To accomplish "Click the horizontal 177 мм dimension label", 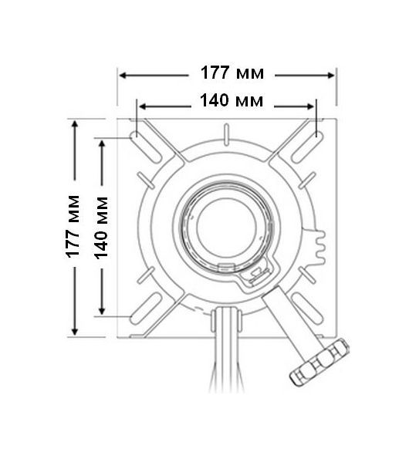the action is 232,73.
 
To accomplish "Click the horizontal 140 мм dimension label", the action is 232,100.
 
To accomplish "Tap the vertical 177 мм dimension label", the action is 73,227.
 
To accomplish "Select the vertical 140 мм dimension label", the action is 101,228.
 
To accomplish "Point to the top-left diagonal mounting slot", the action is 146,147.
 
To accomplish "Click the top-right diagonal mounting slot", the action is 308,147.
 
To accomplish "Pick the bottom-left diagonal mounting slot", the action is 146,309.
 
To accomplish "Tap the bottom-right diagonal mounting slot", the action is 308,309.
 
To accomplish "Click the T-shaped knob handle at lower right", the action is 319,361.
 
